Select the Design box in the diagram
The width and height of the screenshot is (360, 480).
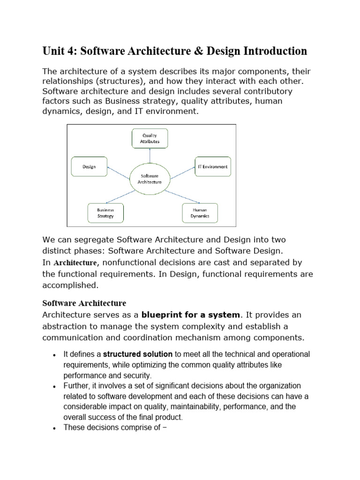(x=89, y=166)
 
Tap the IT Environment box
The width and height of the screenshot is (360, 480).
(x=212, y=166)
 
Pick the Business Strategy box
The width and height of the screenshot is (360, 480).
(x=105, y=213)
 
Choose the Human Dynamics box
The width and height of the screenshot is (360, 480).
(x=200, y=213)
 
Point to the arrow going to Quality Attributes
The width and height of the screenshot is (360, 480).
(x=149, y=156)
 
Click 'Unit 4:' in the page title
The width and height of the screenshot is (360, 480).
(x=59, y=51)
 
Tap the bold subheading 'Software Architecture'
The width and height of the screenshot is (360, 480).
(x=84, y=303)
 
